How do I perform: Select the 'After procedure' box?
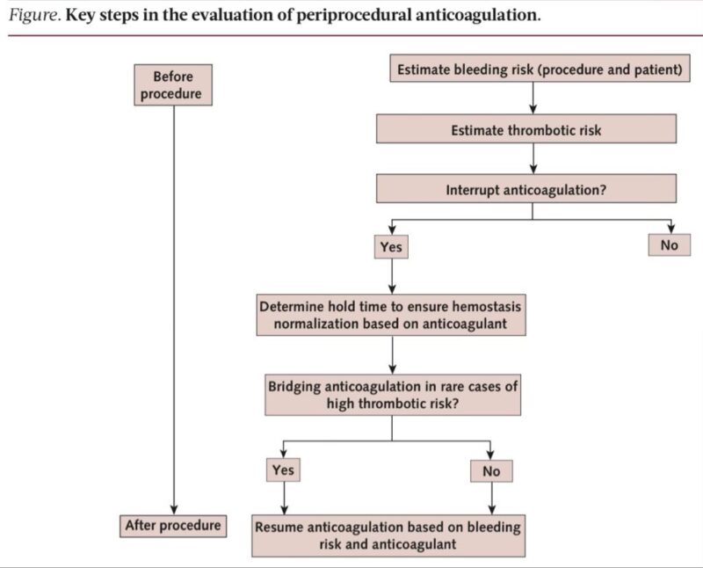(173, 526)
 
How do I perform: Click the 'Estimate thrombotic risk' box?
(526, 130)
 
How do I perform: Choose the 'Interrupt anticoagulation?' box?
(526, 188)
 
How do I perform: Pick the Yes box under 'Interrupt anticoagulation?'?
(391, 247)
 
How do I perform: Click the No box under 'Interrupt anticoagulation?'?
(670, 245)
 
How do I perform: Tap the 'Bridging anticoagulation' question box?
(392, 395)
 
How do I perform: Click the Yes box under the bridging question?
(283, 470)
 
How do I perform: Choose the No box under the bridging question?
(491, 471)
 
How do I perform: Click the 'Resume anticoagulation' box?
(388, 535)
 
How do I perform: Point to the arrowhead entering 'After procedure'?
(173, 508)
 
